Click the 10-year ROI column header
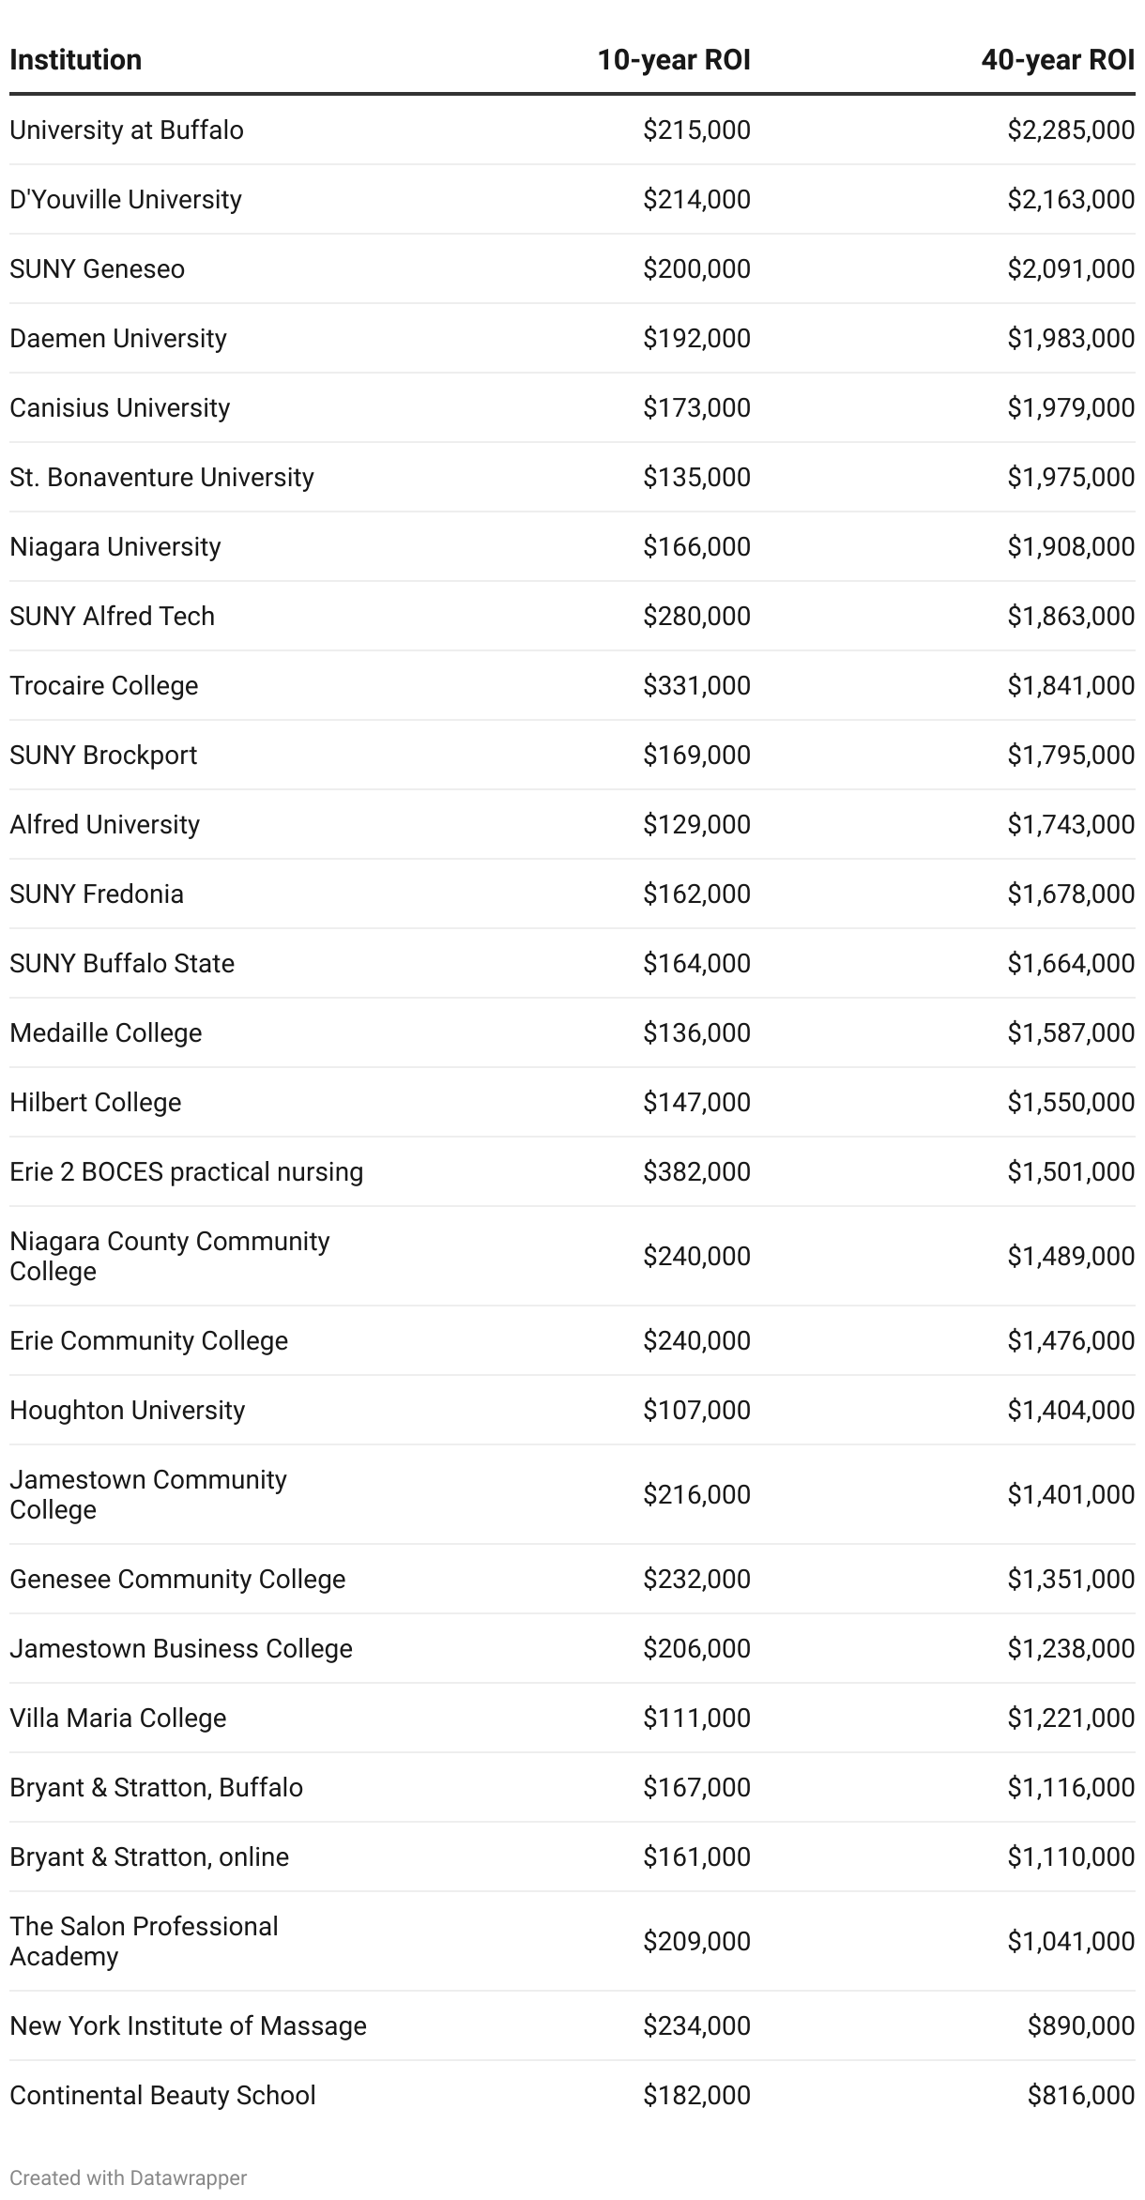(x=673, y=60)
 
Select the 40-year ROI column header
(x=1057, y=60)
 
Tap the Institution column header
(x=75, y=60)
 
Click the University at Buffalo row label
(x=127, y=130)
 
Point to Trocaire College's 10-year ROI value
(x=696, y=685)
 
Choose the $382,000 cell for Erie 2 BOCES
(x=696, y=1171)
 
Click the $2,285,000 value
(x=1071, y=130)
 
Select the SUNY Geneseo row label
(x=97, y=268)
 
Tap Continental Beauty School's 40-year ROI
(x=1081, y=2095)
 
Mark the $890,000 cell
(x=1081, y=2025)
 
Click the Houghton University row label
(x=127, y=1410)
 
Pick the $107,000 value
(x=696, y=1410)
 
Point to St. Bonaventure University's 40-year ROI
(x=1071, y=477)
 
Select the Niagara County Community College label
(x=169, y=1256)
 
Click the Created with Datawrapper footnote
(x=128, y=2177)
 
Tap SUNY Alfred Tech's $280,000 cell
(x=696, y=616)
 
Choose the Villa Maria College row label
(x=117, y=1718)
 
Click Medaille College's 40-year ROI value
(x=1071, y=1032)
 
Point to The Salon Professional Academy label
(x=144, y=1941)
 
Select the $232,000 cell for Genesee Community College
(x=696, y=1579)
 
